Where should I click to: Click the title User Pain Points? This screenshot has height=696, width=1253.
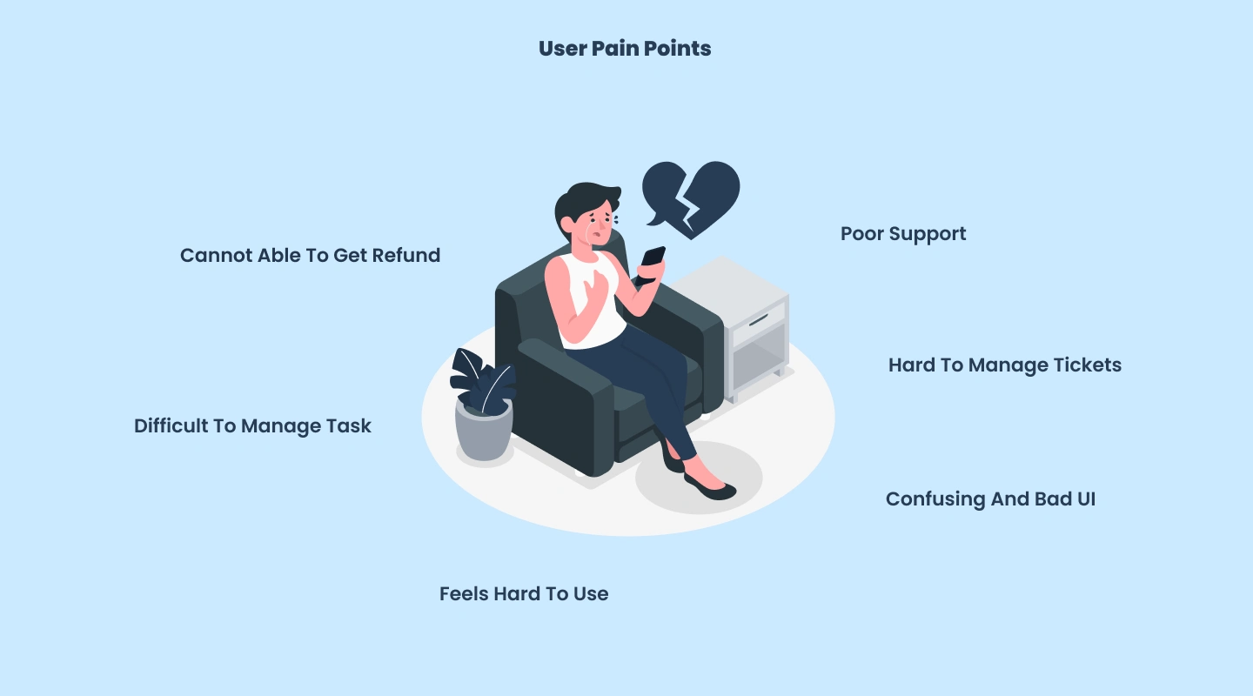point(625,49)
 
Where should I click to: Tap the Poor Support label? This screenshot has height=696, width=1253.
point(903,234)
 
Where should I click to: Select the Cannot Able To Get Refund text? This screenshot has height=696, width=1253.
point(310,256)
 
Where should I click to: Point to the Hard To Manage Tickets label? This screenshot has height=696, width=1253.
point(1005,365)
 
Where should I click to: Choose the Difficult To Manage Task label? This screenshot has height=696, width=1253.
point(252,426)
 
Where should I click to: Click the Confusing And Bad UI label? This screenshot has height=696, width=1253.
point(990,499)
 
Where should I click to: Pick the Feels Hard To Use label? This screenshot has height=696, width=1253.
point(524,593)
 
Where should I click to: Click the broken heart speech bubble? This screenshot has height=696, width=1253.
point(692,198)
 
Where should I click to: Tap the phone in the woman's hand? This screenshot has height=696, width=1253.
point(651,264)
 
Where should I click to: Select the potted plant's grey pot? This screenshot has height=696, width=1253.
point(484,430)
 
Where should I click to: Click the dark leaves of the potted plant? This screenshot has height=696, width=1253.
point(482,380)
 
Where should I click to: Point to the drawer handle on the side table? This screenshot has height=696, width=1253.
point(759,320)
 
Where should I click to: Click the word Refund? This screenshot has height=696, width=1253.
point(406,256)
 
